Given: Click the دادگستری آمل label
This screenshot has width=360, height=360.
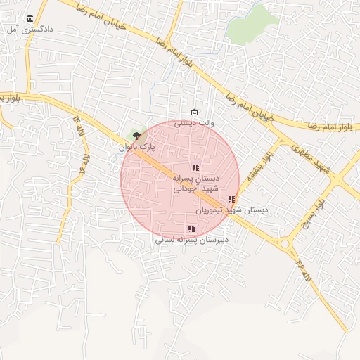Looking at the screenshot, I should [29, 30].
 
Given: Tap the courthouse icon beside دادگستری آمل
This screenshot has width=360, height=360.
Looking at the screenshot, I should [30, 19].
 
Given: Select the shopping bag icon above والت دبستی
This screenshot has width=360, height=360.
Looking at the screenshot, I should [194, 112].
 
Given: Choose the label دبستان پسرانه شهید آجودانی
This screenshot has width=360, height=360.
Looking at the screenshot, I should [197, 184].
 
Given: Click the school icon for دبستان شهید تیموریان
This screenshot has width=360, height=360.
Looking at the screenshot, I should [231, 199].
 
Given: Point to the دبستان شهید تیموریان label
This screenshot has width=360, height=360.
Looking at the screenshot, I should [231, 210].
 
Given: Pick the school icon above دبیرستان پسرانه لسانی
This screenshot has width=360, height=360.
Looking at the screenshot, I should [191, 228].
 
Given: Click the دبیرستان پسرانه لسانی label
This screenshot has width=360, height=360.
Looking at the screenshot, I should [191, 240].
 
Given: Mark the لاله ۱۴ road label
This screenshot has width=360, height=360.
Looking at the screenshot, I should [75, 124].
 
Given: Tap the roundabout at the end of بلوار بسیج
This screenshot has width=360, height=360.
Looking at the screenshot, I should [285, 244].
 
